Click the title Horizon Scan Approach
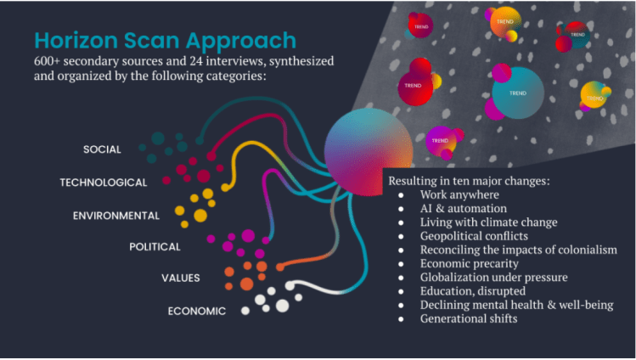pyautogui.click(x=165, y=41)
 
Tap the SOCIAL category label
pyautogui.click(x=102, y=149)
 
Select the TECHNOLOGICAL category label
pyautogui.click(x=103, y=182)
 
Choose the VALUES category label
pyautogui.click(x=180, y=278)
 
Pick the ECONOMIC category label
pyautogui.click(x=196, y=311)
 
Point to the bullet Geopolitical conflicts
pyautogui.click(x=474, y=236)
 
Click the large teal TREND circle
pyautogui.click(x=517, y=93)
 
